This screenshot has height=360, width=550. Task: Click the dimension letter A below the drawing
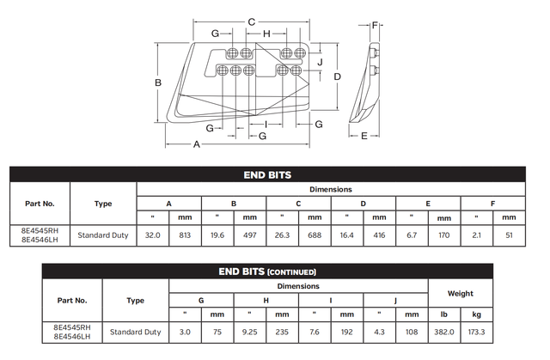[197, 144]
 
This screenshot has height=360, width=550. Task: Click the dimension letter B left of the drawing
[159, 82]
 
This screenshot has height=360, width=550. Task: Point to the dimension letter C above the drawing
[251, 21]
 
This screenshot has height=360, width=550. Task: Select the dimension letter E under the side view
[364, 136]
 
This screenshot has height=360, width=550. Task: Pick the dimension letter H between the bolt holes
[267, 34]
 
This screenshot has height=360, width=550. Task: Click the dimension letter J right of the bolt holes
[319, 62]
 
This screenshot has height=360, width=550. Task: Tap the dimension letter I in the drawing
[267, 125]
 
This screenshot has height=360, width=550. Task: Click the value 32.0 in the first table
[152, 234]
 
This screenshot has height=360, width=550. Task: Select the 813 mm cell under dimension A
[185, 234]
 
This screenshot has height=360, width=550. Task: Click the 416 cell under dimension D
[379, 234]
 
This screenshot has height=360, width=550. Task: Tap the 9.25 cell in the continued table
[250, 331]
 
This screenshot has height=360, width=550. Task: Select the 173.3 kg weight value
[478, 331]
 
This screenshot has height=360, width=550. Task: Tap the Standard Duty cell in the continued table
[135, 331]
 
